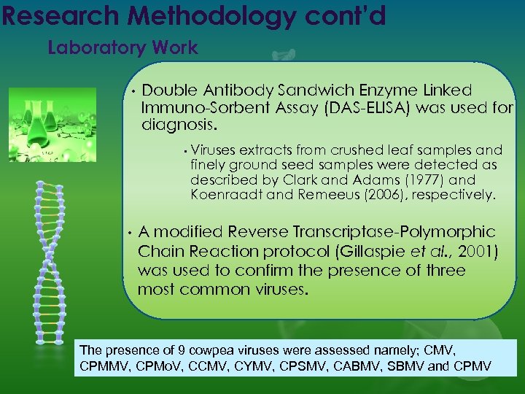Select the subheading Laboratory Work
(122, 48)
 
